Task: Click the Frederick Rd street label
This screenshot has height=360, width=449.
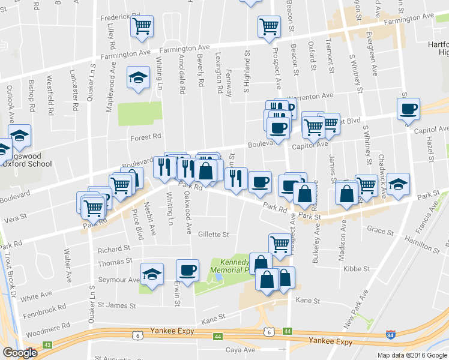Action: click(114, 17)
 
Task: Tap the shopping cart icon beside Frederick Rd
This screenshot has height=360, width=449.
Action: click(142, 26)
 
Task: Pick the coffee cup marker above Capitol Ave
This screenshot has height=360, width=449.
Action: click(408, 109)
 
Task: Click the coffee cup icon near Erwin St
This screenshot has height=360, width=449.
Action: click(187, 270)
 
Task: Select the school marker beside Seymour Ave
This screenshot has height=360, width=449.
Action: click(152, 275)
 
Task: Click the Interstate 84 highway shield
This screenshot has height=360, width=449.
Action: click(391, 334)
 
